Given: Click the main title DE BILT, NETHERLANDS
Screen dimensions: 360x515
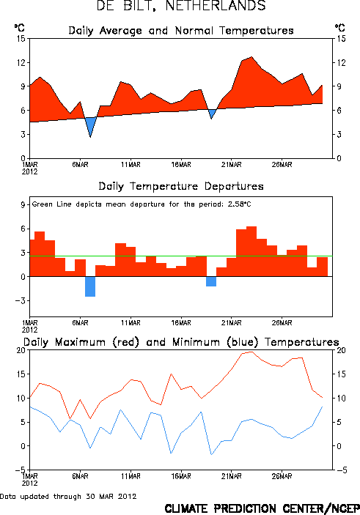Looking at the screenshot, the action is (x=181, y=6).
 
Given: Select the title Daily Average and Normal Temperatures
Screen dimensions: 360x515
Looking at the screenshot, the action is (x=181, y=31).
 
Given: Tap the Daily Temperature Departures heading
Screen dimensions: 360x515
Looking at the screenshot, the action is (x=181, y=186).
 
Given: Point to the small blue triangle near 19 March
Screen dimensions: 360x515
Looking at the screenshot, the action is (x=212, y=114).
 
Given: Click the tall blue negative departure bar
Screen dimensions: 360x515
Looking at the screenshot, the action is (x=90, y=286).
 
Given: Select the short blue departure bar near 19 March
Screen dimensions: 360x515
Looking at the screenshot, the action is (x=211, y=281).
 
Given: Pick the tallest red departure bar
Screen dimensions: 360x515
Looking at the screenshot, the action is (x=251, y=251).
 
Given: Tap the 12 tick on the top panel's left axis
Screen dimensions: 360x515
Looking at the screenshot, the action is (x=21, y=62).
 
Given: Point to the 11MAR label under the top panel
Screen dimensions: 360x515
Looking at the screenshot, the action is (x=131, y=165).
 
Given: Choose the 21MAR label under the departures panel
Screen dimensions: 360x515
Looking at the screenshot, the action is (x=231, y=323).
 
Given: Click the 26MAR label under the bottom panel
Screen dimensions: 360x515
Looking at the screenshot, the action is (x=282, y=476).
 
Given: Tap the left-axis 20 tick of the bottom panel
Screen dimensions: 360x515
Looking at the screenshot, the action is (x=21, y=350).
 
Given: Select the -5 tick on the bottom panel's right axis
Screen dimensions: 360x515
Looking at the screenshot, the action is (x=340, y=470).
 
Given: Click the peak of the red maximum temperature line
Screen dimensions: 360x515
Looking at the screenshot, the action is (x=251, y=352).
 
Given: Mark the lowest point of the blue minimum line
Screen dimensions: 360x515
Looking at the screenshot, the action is (x=211, y=455).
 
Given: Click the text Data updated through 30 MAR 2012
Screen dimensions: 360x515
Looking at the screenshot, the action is (x=68, y=496).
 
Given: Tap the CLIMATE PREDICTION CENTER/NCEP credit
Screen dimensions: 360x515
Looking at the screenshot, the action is (x=262, y=508).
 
